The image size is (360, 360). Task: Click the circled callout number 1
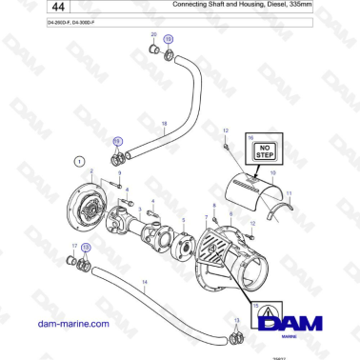pos(79,161)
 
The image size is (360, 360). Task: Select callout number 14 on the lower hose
pos(144,283)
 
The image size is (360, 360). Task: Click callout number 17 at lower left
pos(73,246)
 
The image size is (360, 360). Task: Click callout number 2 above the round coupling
pos(92,171)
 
